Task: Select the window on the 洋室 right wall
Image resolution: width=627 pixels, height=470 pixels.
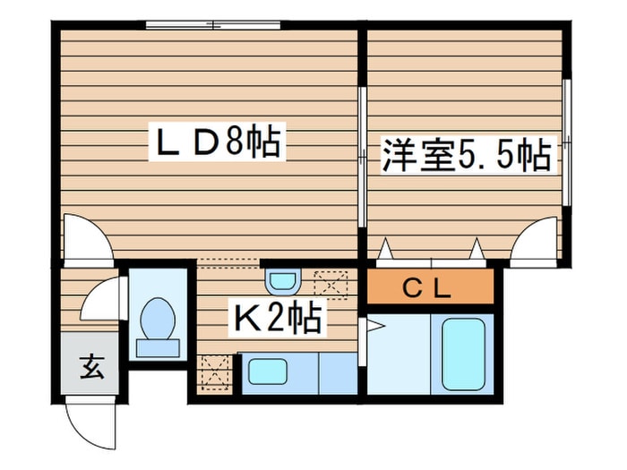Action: [566, 144]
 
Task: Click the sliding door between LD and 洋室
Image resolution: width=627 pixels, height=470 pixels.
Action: [362, 158]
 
